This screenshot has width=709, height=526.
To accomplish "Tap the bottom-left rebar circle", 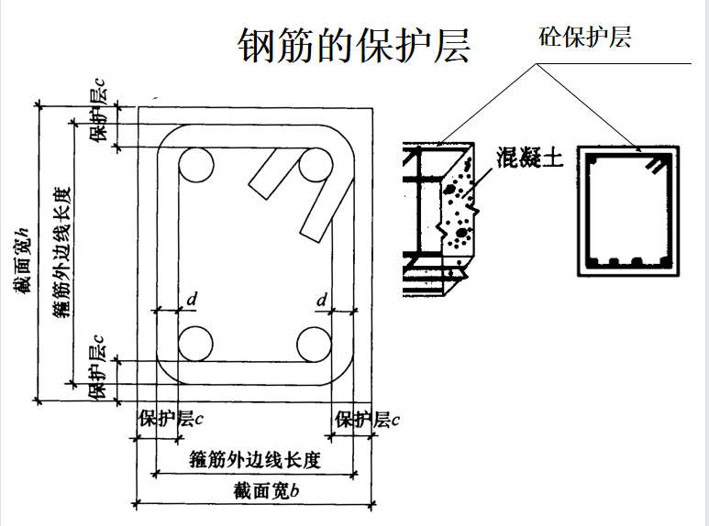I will [x=194, y=343].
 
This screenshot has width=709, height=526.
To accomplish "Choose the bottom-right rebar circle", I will [x=316, y=343].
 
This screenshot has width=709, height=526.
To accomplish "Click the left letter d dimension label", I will [x=192, y=299].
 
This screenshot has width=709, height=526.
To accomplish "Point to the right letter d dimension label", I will [x=322, y=299].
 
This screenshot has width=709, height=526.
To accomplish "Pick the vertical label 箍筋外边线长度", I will [x=61, y=254].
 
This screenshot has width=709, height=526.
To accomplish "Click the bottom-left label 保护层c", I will [x=171, y=420].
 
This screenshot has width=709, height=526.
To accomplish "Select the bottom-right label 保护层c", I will [x=367, y=420].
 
